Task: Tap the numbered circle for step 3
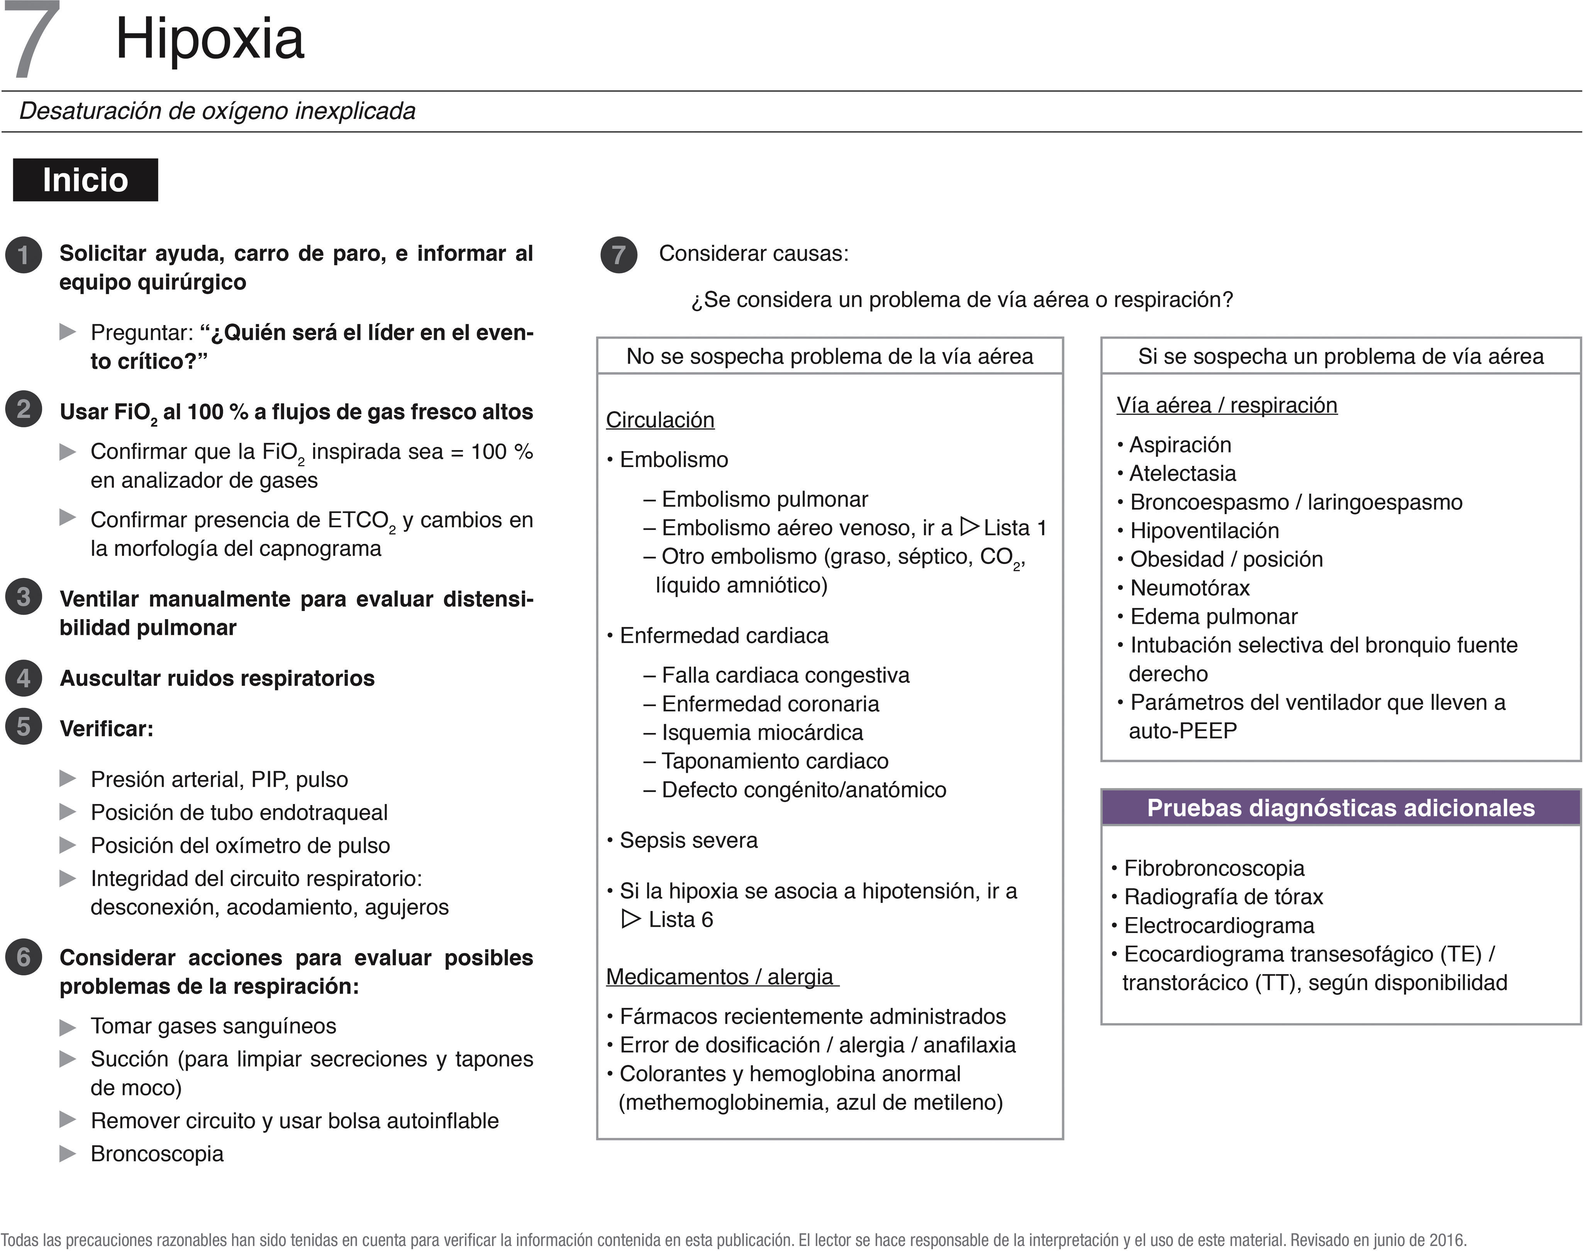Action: [x=24, y=597]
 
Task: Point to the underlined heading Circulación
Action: [x=659, y=420]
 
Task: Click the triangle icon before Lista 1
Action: [x=969, y=526]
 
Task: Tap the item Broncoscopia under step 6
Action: [x=157, y=1155]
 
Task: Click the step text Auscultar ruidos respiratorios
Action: [x=217, y=679]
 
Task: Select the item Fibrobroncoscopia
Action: [x=1214, y=868]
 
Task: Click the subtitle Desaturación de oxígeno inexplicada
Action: [x=217, y=111]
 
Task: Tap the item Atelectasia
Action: [x=1182, y=474]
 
